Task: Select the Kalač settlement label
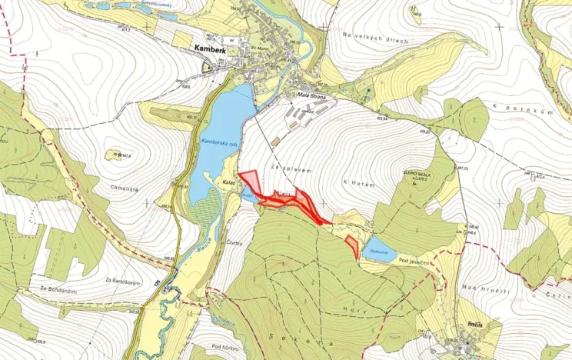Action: [x=228, y=182]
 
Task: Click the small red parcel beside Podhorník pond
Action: [x=352, y=246]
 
